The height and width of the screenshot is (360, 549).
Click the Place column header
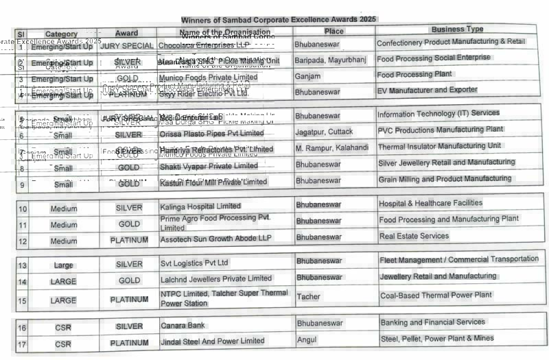[x=334, y=32]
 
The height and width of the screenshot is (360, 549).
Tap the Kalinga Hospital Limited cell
[x=200, y=206]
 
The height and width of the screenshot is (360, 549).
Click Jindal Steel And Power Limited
[x=212, y=341]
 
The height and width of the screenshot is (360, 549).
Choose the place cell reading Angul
[x=307, y=340]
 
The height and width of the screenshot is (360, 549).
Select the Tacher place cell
[x=308, y=297]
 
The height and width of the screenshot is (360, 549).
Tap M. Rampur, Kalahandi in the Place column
[x=332, y=148]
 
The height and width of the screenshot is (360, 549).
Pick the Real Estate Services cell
[x=414, y=236]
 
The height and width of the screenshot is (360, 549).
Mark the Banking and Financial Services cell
[x=432, y=322]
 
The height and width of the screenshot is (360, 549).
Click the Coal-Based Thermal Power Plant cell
[x=436, y=295]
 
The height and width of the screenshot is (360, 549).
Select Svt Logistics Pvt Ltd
[x=194, y=263]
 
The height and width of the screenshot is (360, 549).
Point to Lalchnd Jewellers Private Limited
[x=216, y=278]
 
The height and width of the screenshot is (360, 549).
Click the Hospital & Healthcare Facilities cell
[x=430, y=204]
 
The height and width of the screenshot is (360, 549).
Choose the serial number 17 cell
[x=22, y=344]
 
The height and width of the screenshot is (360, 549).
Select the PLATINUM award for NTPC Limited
[x=129, y=300]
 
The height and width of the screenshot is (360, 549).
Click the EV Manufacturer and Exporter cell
[x=427, y=90]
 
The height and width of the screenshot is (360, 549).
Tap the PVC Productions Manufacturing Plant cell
[x=440, y=129]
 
